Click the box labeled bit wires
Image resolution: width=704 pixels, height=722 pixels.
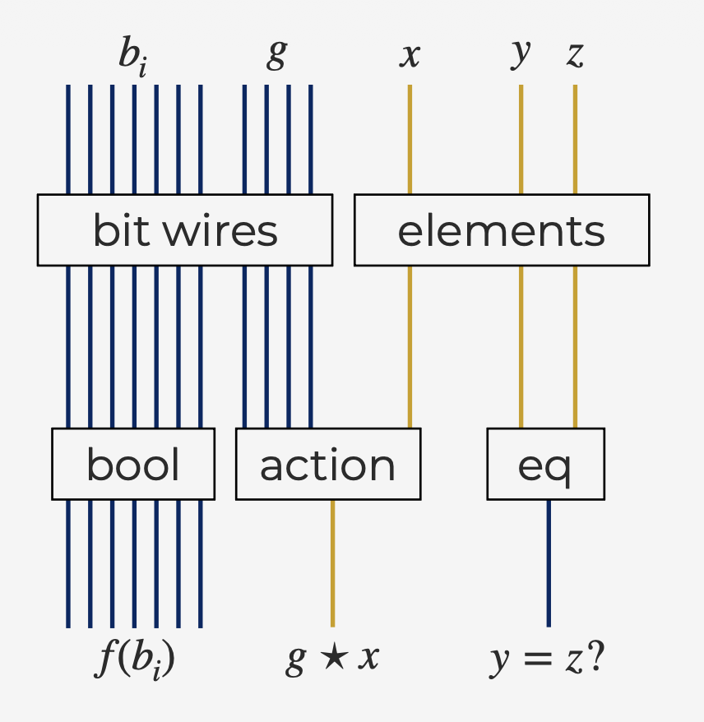coord(185,230)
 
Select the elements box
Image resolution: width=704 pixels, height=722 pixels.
coord(502,230)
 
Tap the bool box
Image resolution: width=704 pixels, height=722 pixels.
coord(133,464)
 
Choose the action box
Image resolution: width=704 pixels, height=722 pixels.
coord(328,464)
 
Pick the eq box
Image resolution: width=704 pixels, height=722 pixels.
coord(545,464)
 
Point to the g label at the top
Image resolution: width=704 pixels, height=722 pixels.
coord(277,54)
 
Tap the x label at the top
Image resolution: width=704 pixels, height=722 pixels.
coord(410,54)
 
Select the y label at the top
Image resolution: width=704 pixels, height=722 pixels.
coord(521,53)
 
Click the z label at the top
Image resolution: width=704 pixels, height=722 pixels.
coord(575,54)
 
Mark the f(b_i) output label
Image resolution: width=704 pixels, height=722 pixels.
coord(134,660)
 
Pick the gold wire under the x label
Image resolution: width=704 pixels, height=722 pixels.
coord(410,140)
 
